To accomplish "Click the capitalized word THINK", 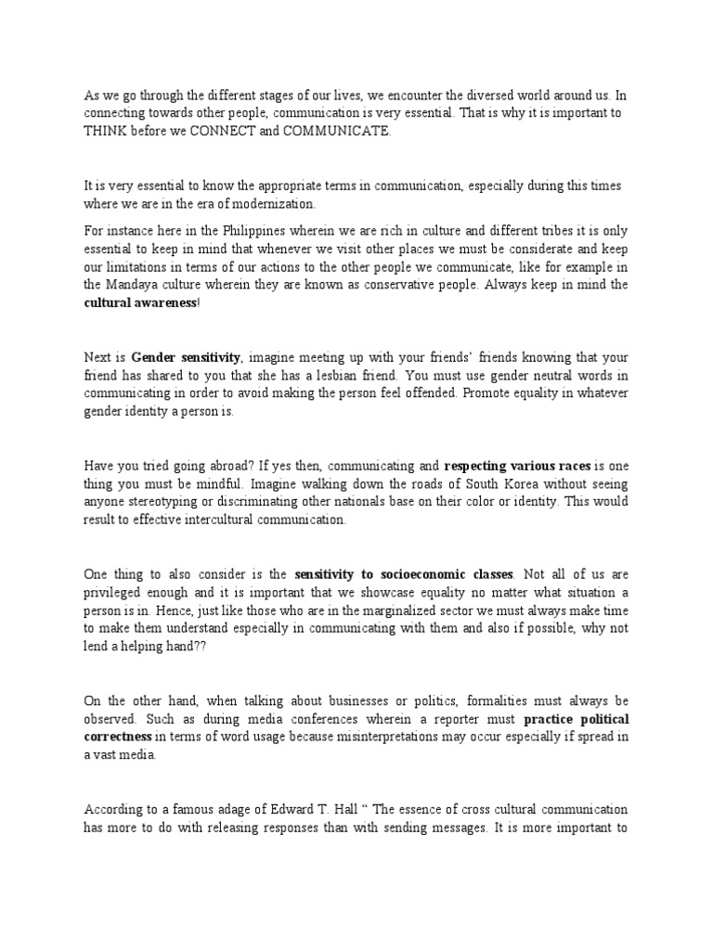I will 105,132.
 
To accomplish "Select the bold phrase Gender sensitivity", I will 186,356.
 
